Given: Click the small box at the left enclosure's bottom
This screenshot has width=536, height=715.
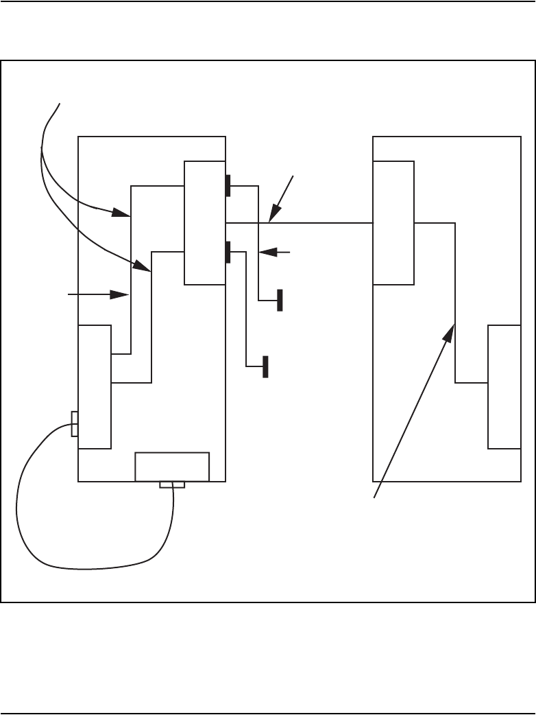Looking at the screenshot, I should (x=172, y=467).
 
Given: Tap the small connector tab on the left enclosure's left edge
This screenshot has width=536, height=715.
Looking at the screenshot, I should (x=75, y=424).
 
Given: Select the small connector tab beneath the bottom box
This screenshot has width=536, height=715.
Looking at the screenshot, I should (x=172, y=485).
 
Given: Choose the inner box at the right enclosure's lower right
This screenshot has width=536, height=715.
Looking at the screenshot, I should (x=504, y=386).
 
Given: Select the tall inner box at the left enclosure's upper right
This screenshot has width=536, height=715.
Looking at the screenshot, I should (x=205, y=223).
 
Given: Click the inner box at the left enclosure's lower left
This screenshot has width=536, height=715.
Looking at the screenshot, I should (x=95, y=386).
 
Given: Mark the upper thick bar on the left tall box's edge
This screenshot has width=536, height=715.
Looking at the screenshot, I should (x=228, y=185).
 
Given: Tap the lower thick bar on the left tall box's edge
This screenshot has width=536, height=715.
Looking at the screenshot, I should (x=228, y=252).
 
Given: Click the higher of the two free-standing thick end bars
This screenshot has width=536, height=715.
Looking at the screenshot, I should (x=280, y=301).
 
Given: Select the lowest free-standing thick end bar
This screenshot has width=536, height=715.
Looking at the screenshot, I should (x=265, y=367).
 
